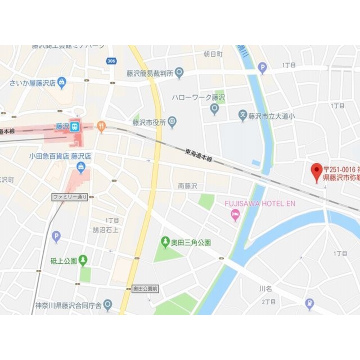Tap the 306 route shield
click(112, 61)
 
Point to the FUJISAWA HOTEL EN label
click(260, 204)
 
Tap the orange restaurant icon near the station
click(102, 126)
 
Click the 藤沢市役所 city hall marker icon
click(172, 122)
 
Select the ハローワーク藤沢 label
click(198, 98)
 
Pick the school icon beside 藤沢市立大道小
click(243, 116)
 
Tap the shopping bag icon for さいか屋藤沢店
click(62, 82)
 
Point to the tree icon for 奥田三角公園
click(165, 242)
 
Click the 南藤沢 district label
click(188, 186)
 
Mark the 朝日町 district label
click(213, 54)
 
